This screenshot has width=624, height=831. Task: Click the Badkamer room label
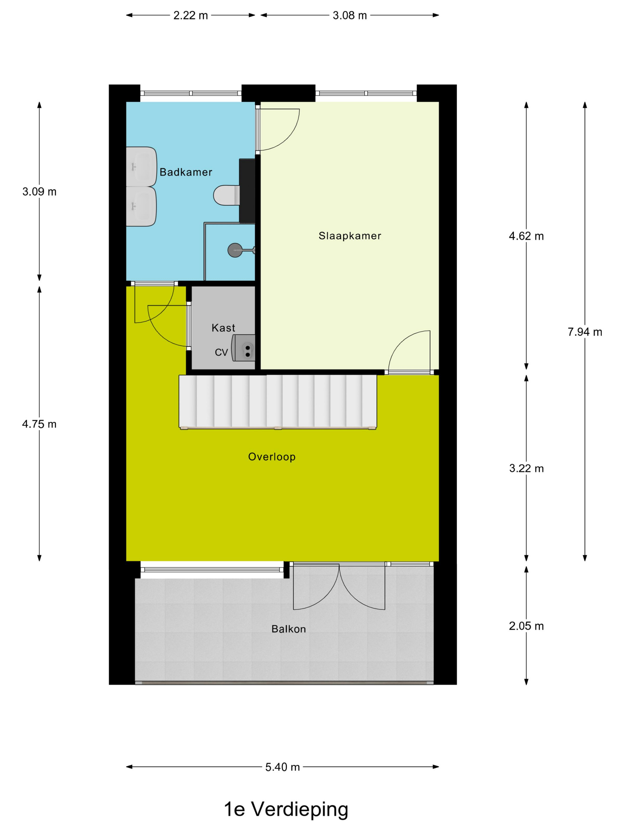pos(186,172)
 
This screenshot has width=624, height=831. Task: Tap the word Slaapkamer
pos(350,236)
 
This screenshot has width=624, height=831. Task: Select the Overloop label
pos(272,457)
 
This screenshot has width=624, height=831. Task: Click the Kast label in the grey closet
pos(223,328)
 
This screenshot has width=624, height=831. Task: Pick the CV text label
pos(221,352)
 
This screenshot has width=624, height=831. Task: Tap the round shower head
pos(235,250)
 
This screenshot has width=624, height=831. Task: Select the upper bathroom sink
pos(141,166)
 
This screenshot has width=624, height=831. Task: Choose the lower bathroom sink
pos(141,207)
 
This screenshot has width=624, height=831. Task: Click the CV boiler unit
pos(243,348)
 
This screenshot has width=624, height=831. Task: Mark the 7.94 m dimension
pos(584,332)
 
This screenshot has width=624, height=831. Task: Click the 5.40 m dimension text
pos(283,767)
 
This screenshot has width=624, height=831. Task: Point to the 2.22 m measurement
pos(190,15)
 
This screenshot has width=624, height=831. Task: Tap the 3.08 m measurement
pos(350,15)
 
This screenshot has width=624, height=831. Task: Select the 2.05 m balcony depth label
pos(526,626)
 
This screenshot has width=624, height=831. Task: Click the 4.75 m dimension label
pos(39,424)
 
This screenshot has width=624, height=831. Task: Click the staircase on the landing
pos(278,402)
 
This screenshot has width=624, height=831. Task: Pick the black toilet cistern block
pos(247,191)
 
